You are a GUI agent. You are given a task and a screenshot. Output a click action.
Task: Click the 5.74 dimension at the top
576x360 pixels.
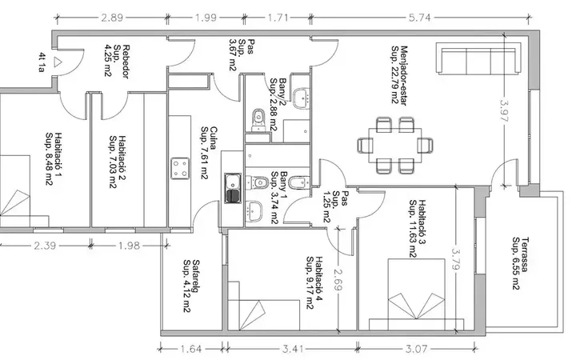pyautogui.click(x=419, y=18)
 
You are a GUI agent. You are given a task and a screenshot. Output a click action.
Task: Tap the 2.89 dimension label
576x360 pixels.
pyautogui.click(x=112, y=18)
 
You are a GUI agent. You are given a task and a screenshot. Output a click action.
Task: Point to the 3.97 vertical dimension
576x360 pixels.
pyautogui.click(x=504, y=110)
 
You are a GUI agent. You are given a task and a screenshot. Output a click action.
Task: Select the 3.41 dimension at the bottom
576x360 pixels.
pyautogui.click(x=293, y=348)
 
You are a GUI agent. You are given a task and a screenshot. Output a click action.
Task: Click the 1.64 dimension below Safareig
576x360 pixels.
pyautogui.click(x=191, y=348)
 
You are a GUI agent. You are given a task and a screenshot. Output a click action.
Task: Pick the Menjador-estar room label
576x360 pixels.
pyautogui.click(x=399, y=75)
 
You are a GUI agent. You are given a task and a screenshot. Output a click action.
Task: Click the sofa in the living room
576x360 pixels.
pyautogui.click(x=478, y=58)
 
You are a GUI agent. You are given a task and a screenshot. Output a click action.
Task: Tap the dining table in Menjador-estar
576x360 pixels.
pyautogui.click(x=395, y=145)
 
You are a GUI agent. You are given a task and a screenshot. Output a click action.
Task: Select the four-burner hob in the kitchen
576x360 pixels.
pyautogui.click(x=180, y=168)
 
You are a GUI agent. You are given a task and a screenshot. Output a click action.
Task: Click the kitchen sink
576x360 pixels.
pyautogui.click(x=233, y=189)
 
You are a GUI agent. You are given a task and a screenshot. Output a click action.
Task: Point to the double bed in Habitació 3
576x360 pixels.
pyautogui.click(x=417, y=294)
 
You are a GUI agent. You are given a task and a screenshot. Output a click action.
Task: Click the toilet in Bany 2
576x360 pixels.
pyautogui.click(x=258, y=120)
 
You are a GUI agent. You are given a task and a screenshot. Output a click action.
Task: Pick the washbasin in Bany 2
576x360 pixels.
pyautogui.click(x=302, y=98)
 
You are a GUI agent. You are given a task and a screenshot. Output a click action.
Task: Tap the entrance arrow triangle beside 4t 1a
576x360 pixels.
pyautogui.click(x=57, y=62)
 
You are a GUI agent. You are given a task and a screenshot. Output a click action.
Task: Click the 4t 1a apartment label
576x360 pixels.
pyautogui.click(x=42, y=62)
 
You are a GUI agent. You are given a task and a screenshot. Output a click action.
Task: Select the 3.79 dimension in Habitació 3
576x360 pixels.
pyautogui.click(x=455, y=259)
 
